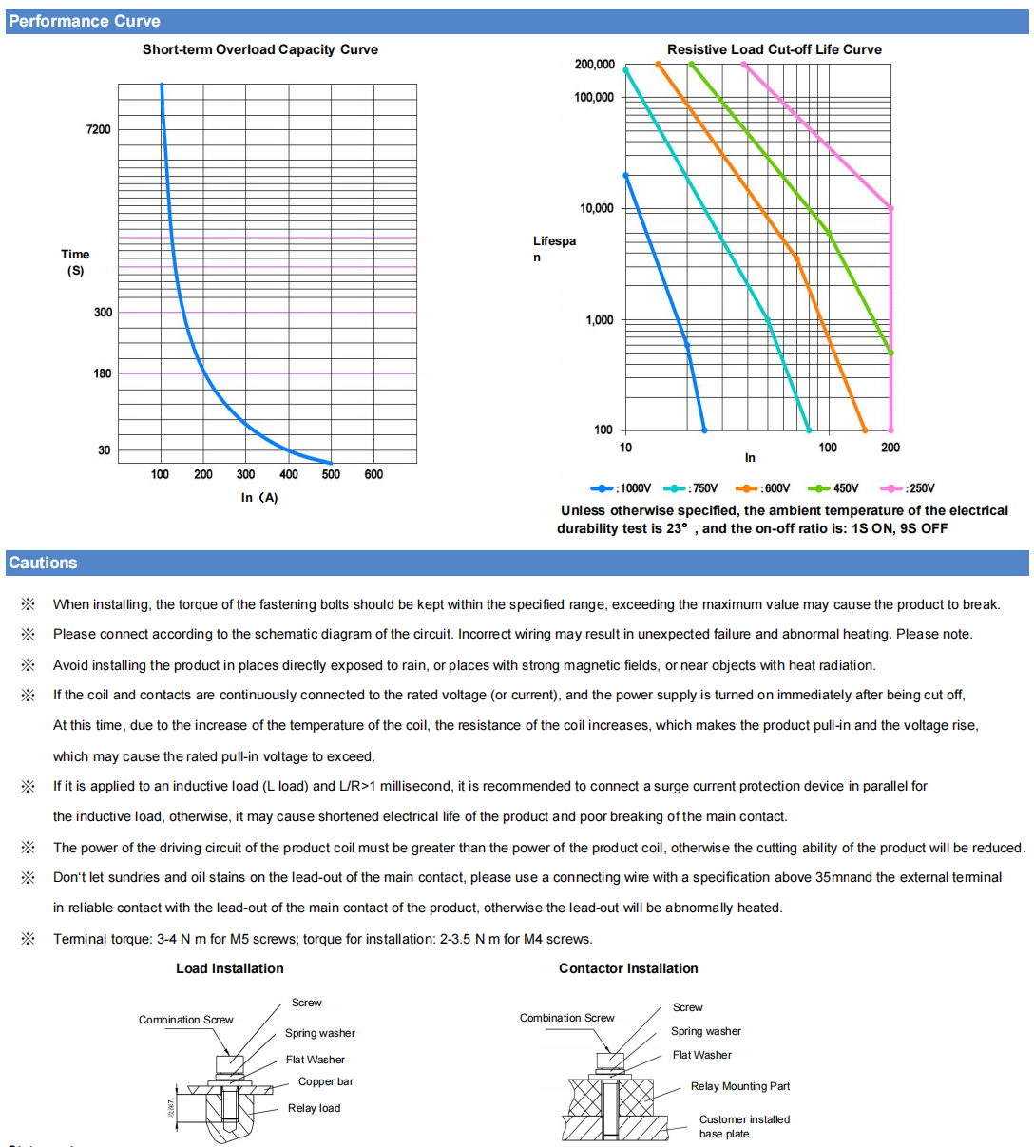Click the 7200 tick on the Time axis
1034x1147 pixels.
[x=99, y=129]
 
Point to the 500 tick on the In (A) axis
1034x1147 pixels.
[x=331, y=474]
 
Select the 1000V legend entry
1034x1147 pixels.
[x=622, y=488]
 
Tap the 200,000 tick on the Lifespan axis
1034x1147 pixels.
[x=594, y=65]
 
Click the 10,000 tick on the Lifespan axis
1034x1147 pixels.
[x=597, y=208]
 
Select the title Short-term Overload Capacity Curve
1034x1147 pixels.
[x=260, y=49]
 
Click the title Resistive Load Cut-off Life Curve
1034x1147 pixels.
[x=775, y=49]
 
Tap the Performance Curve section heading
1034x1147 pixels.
[x=85, y=21]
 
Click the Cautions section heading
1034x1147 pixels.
[x=44, y=563]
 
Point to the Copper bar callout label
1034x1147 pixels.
[x=326, y=1081]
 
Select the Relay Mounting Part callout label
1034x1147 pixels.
[x=740, y=1086]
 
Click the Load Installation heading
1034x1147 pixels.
[x=230, y=968]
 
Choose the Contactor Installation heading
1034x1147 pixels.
[x=628, y=968]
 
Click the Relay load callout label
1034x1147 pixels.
[x=314, y=1108]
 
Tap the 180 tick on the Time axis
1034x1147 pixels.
[x=103, y=373]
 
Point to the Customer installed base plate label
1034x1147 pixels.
[x=744, y=1126]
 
